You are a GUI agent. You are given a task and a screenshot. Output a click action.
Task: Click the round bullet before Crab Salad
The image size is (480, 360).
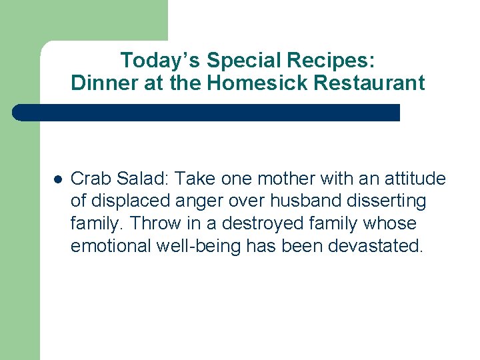pos(58,179)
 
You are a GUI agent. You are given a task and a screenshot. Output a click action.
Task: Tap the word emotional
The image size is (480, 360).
pos(111,246)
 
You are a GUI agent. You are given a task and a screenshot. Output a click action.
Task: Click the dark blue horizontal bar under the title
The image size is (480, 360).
pos(207,113)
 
